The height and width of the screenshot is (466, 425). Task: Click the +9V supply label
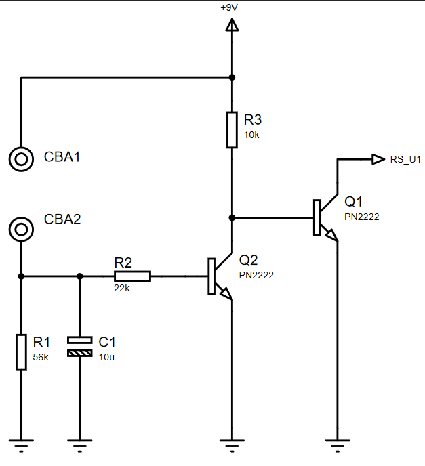[x=229, y=7]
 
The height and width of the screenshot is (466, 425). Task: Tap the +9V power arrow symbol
[x=232, y=24]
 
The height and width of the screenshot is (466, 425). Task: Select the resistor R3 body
[x=232, y=130]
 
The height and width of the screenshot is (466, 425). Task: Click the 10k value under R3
[x=251, y=135]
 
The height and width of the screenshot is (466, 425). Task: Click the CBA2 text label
[x=62, y=219]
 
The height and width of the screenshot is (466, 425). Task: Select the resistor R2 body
[x=133, y=276]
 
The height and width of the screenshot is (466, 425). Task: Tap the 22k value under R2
[x=122, y=289]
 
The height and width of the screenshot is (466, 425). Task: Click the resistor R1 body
[x=21, y=352]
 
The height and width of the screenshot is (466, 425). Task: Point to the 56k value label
[x=41, y=357]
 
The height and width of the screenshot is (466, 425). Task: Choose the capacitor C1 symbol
[x=80, y=347]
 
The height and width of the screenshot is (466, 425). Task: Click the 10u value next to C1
[x=106, y=357]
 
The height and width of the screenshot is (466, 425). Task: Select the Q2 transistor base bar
[x=211, y=276]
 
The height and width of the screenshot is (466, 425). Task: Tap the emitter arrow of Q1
[x=332, y=235]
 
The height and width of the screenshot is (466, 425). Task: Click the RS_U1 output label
[x=405, y=160]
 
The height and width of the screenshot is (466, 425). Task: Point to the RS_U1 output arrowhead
[x=378, y=159]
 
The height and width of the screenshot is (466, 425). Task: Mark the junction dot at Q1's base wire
[x=232, y=218]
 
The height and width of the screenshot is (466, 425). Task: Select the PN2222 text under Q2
[x=256, y=275]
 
